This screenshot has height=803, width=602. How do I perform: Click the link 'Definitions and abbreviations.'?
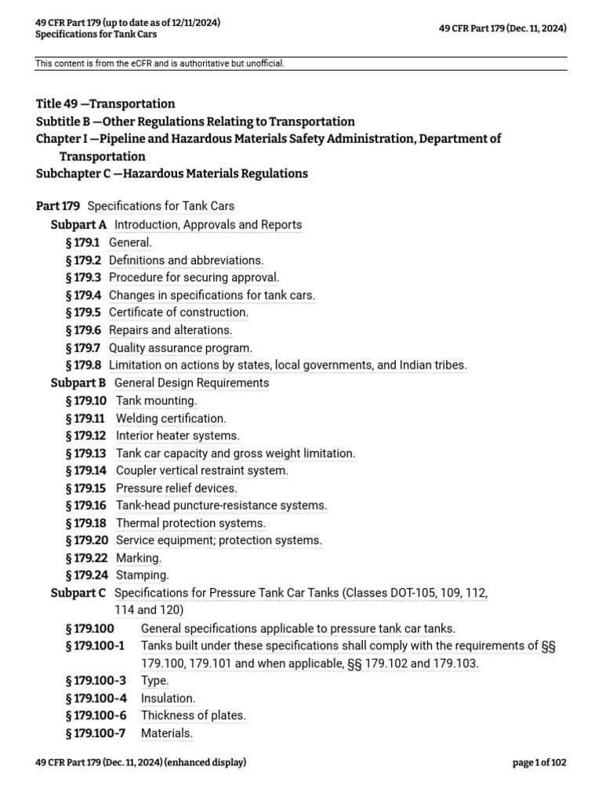pyautogui.click(x=186, y=260)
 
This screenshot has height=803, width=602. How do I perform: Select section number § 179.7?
pyautogui.click(x=84, y=348)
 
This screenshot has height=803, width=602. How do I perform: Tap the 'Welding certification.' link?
pyautogui.click(x=171, y=419)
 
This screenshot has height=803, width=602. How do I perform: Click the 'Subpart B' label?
pyautogui.click(x=78, y=383)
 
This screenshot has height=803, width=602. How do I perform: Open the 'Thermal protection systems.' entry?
pyautogui.click(x=190, y=523)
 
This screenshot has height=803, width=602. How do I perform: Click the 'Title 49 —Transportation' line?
pyautogui.click(x=106, y=104)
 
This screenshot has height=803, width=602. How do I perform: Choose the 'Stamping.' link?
pyautogui.click(x=142, y=576)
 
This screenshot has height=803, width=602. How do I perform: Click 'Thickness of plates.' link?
pyautogui.click(x=193, y=715)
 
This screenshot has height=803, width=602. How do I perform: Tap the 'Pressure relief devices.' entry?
pyautogui.click(x=176, y=489)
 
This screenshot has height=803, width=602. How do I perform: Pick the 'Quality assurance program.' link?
pyautogui.click(x=180, y=348)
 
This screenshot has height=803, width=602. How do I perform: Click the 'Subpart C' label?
pyautogui.click(x=78, y=594)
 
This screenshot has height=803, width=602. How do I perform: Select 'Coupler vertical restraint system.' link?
pyautogui.click(x=201, y=471)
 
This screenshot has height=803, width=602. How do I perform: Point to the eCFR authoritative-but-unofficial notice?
pyautogui.click(x=160, y=64)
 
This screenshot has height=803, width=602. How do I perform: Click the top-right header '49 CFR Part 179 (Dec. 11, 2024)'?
pyautogui.click(x=502, y=29)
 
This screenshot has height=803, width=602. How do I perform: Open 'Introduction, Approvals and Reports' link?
pyautogui.click(x=208, y=225)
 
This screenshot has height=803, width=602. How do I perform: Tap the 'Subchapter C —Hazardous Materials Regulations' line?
pyautogui.click(x=172, y=174)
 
